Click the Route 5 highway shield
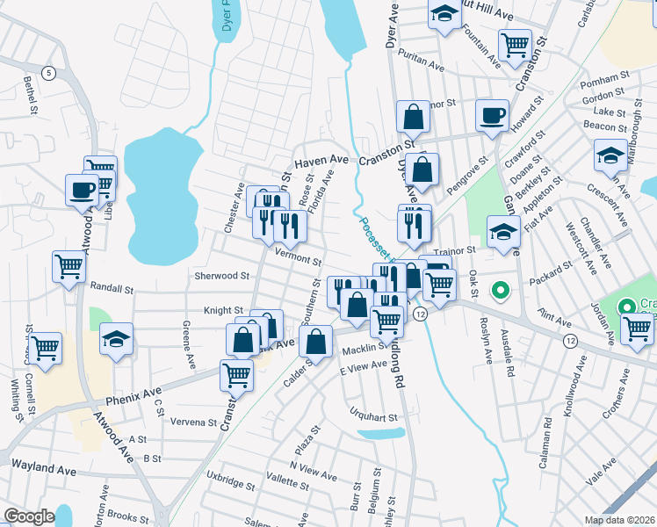tap(49, 73)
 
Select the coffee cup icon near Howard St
tap(492, 115)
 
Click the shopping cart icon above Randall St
tap(69, 266)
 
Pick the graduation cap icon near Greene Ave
tap(116, 339)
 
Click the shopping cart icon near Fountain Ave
tap(515, 43)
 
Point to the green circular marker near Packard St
tap(501, 289)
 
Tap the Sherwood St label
tap(221, 276)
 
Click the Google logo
tap(29, 516)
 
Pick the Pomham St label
tap(600, 81)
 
